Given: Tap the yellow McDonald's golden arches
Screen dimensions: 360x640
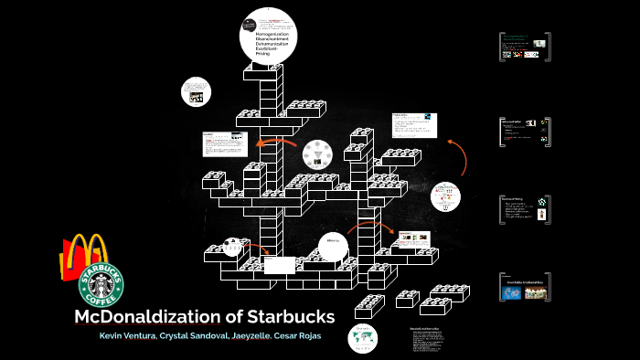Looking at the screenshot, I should [x=84, y=255].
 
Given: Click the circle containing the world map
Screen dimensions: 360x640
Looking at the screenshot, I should [x=363, y=337].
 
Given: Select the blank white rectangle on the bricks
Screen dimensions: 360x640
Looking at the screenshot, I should [x=279, y=264].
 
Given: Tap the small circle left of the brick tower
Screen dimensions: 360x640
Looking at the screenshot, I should [x=233, y=246].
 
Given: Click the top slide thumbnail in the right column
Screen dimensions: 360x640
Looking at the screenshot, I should [x=524, y=47].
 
